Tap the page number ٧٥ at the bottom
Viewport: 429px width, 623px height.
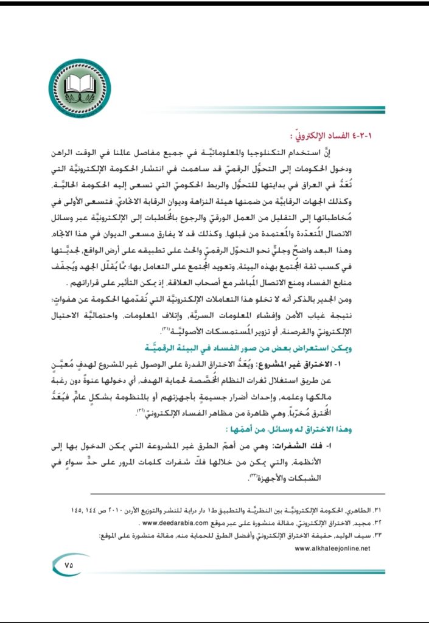point(68,564)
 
